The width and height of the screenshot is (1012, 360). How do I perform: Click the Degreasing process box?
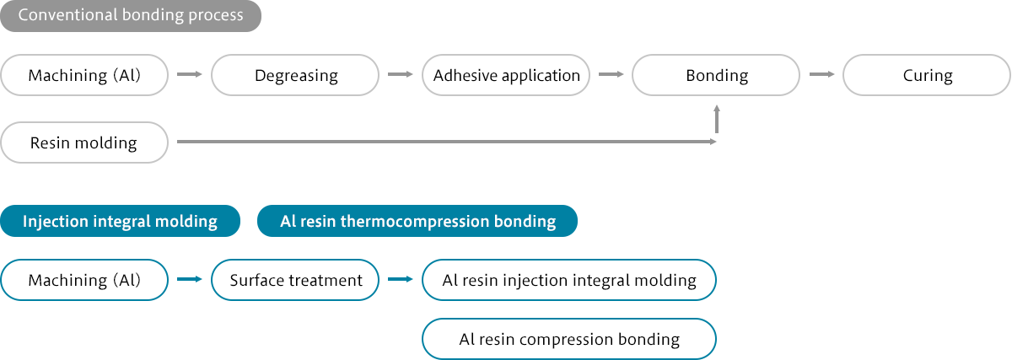tap(295, 75)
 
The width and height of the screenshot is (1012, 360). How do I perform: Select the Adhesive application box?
tap(506, 75)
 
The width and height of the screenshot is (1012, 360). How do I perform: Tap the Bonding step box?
tap(716, 75)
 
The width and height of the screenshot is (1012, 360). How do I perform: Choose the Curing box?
tap(927, 75)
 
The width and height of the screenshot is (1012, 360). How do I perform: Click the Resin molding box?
tap(84, 142)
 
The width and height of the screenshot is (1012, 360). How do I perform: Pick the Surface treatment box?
tap(295, 280)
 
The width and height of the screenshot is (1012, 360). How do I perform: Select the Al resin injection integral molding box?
tap(569, 280)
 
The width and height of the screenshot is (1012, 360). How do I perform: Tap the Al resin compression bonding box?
tap(569, 339)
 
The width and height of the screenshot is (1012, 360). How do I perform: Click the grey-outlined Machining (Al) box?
tap(84, 75)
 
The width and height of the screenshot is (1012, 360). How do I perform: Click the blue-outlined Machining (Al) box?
tap(84, 280)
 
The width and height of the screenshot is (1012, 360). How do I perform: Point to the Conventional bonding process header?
tap(131, 16)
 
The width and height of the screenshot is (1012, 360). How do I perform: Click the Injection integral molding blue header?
tap(120, 221)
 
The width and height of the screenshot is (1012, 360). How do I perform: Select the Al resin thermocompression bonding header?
tap(417, 221)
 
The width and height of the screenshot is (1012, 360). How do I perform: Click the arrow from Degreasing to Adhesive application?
tap(401, 74)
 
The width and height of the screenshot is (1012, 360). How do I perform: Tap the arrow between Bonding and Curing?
tap(821, 74)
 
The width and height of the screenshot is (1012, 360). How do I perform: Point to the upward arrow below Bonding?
tap(717, 119)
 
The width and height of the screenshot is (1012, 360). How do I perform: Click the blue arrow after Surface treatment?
tap(401, 279)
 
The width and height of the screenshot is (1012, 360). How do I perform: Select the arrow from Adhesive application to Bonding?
tap(611, 74)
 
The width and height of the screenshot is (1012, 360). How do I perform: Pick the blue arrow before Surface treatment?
tap(189, 279)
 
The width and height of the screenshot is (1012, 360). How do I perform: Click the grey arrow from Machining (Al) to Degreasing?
tap(189, 74)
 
